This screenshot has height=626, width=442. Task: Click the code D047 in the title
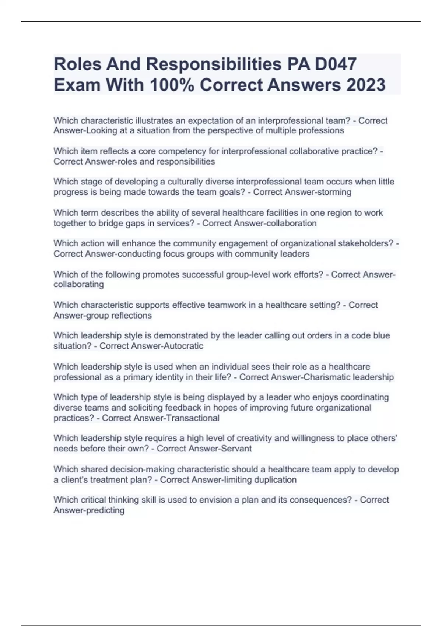335,64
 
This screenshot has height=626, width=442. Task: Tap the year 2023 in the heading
365,85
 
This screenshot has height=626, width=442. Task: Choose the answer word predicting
106,510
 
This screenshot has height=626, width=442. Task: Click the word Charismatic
327,377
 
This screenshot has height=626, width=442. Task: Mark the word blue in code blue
381,335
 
